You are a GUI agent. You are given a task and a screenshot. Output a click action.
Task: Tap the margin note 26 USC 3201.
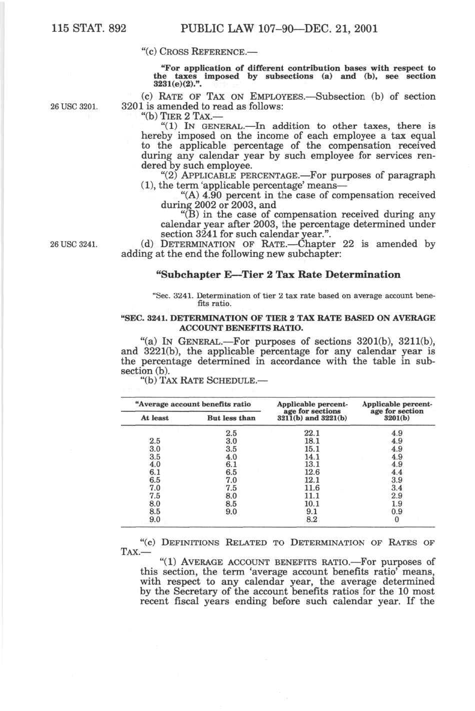point(74,107)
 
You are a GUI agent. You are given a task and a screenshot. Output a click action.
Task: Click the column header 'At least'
point(155,418)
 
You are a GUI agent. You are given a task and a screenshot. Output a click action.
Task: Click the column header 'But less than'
point(231,418)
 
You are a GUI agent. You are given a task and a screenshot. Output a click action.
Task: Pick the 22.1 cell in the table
point(312,433)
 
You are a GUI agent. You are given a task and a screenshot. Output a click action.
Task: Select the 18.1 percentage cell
point(312,441)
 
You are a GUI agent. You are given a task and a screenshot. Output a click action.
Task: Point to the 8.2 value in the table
point(312,520)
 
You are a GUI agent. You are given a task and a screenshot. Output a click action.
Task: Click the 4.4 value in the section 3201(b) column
point(397,472)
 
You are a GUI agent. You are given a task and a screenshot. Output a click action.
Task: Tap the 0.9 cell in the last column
point(397,512)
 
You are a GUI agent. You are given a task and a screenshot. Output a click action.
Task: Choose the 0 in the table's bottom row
point(397,520)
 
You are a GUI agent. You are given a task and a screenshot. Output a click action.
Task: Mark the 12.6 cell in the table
point(312,472)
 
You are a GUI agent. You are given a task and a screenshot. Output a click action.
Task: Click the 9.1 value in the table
point(312,512)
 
